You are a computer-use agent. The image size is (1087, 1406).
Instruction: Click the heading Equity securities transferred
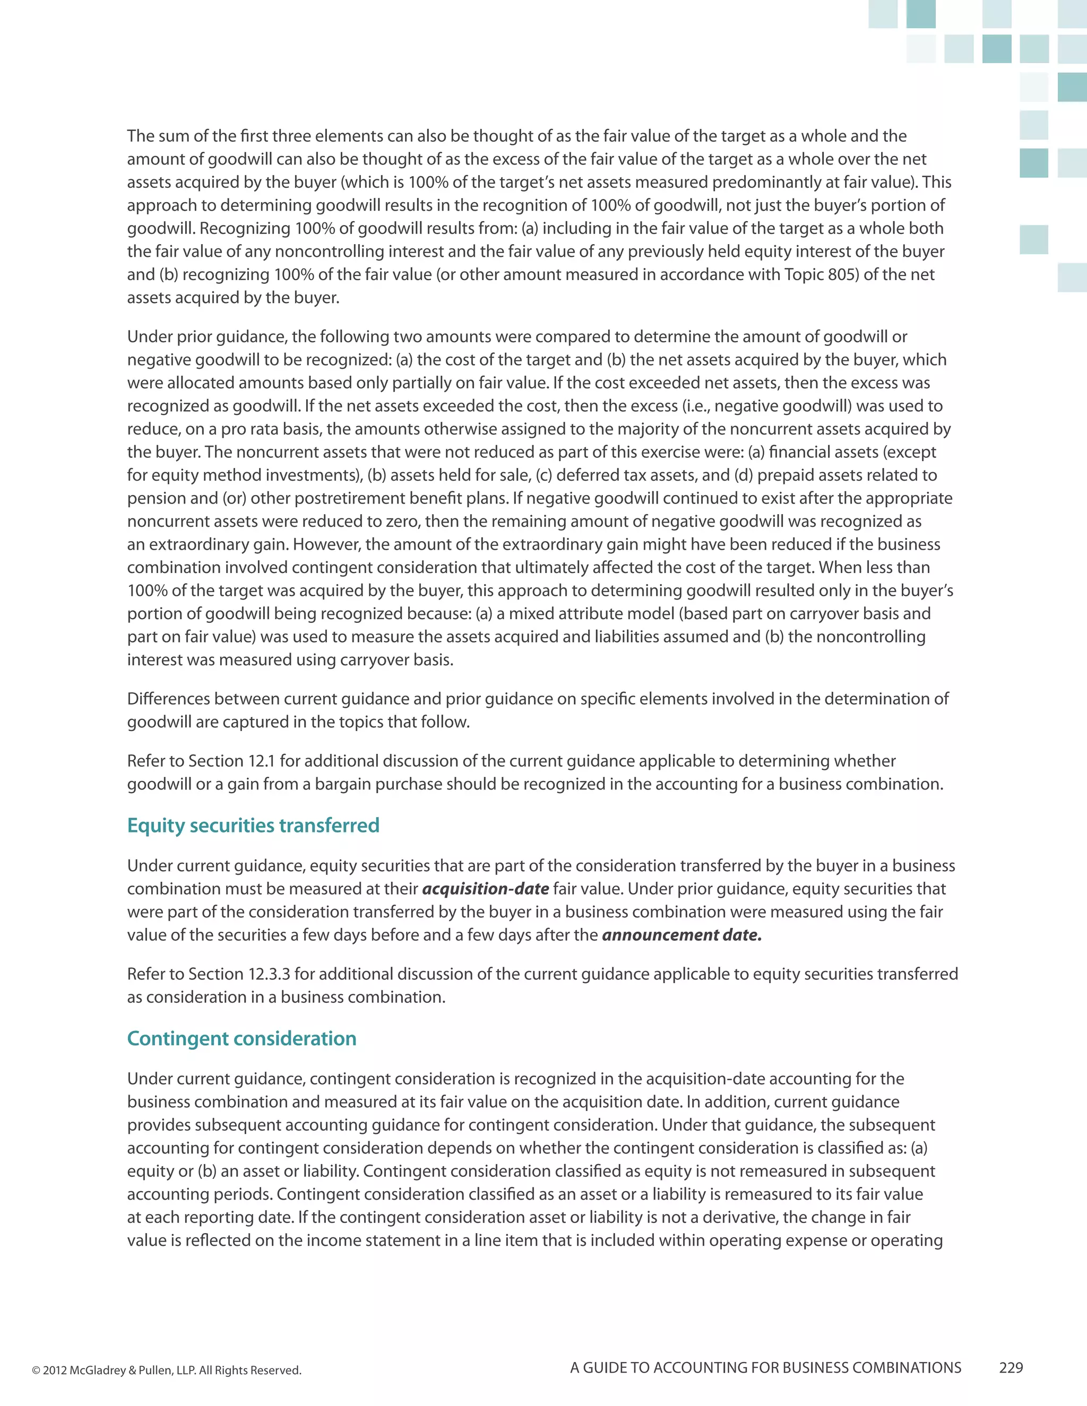(x=253, y=826)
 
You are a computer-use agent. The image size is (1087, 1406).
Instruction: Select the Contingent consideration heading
(x=241, y=1038)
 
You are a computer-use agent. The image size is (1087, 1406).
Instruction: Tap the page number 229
(x=1011, y=1368)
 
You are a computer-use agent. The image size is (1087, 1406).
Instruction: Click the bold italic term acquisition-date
(x=486, y=889)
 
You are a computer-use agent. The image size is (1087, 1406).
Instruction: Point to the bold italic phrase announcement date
(x=681, y=935)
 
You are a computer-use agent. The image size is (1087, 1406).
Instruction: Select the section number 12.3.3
(x=269, y=974)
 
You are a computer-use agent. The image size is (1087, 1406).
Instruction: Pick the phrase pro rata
(x=248, y=429)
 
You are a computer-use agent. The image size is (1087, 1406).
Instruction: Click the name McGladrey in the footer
(x=97, y=1370)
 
